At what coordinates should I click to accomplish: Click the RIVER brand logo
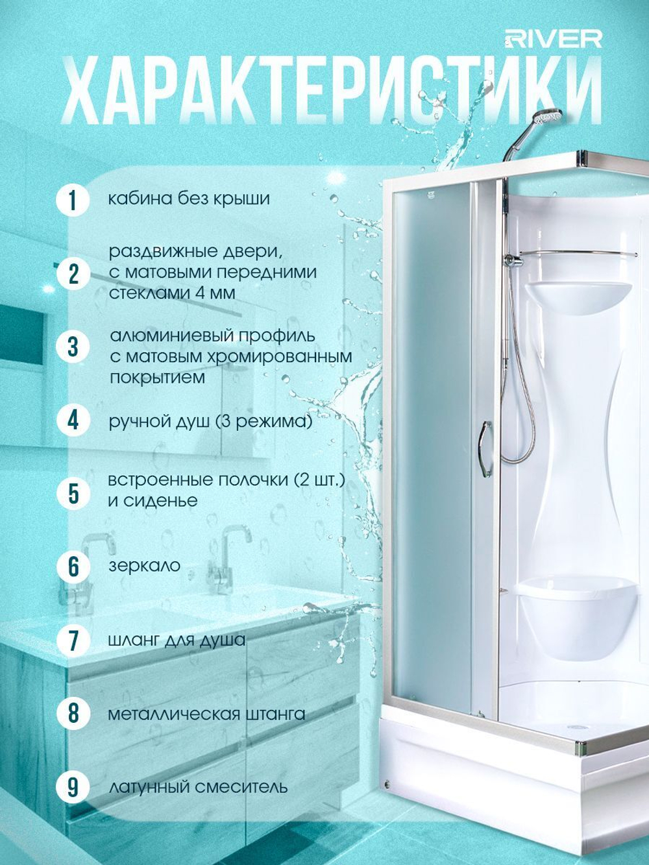(553, 40)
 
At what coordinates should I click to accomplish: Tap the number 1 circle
(73, 200)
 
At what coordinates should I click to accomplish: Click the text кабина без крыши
(189, 199)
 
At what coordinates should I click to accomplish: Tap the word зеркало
(145, 566)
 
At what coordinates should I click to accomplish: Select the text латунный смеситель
(198, 787)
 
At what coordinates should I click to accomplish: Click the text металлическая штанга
(207, 714)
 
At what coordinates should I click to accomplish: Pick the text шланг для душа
(177, 640)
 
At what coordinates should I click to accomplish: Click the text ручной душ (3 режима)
(211, 422)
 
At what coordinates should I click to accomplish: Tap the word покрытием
(157, 378)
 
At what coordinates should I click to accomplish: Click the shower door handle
(485, 448)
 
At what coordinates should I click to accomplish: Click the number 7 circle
(73, 640)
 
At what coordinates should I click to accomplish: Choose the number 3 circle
(73, 347)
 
